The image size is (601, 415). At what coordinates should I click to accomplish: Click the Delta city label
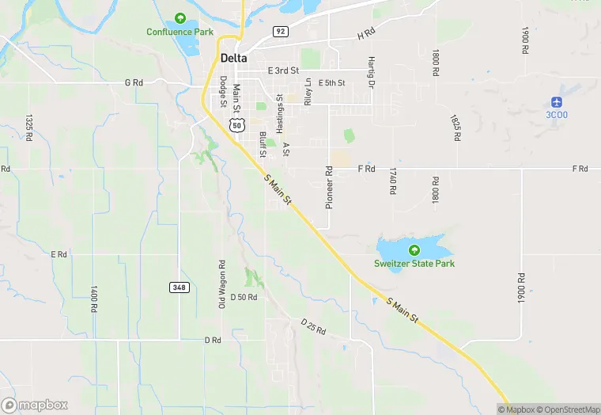tap(233, 58)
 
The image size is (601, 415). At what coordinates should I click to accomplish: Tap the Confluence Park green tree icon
tap(180, 17)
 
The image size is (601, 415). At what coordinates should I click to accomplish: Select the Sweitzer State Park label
tap(414, 263)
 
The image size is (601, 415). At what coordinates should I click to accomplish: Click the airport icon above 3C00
tap(557, 102)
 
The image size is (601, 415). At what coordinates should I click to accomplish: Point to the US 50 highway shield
tap(236, 126)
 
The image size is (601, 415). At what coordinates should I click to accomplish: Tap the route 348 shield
tap(179, 287)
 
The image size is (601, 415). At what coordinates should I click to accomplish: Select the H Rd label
tap(365, 35)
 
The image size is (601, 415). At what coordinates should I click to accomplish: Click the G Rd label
tap(133, 82)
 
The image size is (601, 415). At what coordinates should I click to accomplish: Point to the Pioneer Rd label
tap(329, 187)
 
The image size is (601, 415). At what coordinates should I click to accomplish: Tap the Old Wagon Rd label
tap(222, 284)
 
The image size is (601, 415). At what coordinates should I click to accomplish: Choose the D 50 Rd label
tap(244, 297)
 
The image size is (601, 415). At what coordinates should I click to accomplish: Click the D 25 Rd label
tap(313, 326)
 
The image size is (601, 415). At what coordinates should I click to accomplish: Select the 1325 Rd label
tap(28, 127)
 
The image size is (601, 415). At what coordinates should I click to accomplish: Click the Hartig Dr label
tap(370, 72)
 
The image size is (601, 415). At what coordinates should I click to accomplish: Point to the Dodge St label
tap(224, 91)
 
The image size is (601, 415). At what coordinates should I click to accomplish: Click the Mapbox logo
tap(34, 405)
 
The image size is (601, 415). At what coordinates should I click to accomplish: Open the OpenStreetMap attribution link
tap(568, 409)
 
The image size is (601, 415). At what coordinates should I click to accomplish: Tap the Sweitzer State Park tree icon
tap(414, 250)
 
